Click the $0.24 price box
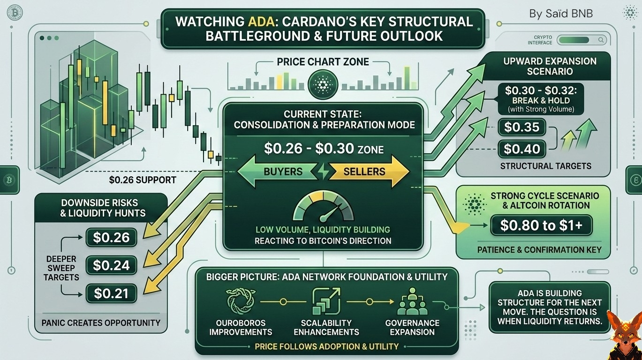[112, 265]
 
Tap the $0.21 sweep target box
[112, 293]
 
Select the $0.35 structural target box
[521, 127]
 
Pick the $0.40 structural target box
[521, 149]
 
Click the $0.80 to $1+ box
[541, 225]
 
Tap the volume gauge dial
[323, 209]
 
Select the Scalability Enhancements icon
[326, 301]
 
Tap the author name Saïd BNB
[561, 14]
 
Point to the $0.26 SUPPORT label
[142, 180]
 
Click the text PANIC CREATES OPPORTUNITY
[101, 322]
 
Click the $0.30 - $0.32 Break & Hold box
[538, 99]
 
